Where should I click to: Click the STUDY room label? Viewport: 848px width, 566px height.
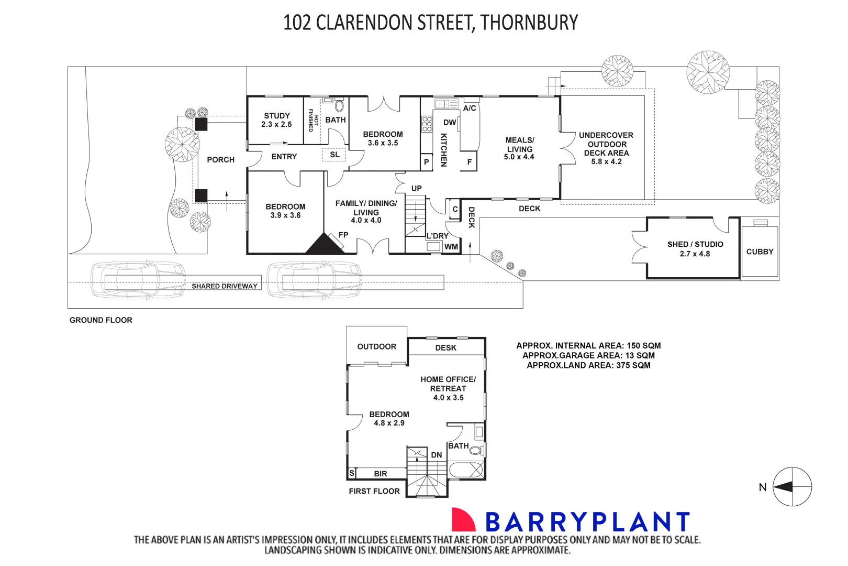coord(277,116)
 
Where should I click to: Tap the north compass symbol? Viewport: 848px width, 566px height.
coord(792,487)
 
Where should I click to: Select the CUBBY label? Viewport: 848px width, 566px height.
coord(760,252)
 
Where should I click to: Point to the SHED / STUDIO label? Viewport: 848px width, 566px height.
coord(695,244)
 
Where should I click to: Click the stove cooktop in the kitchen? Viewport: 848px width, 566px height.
coord(427,124)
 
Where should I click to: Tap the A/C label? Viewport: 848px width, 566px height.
coord(470,108)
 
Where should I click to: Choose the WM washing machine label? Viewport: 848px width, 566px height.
coord(451,247)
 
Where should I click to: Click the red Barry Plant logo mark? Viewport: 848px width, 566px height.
coord(463,520)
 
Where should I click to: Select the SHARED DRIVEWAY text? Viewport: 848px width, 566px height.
coord(224,286)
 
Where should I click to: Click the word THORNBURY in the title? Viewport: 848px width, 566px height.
coord(529,23)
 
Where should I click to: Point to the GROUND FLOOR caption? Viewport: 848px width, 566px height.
coord(101,320)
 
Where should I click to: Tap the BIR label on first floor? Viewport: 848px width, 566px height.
coord(381,474)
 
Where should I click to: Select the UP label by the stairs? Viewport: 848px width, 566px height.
coord(417,188)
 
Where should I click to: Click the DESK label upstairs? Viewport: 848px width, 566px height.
coord(446,347)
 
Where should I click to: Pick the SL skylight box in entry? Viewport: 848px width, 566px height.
coord(334,155)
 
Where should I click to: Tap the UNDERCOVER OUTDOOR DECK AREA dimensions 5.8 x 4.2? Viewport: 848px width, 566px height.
coord(607,161)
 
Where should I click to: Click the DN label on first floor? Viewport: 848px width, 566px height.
coord(437,455)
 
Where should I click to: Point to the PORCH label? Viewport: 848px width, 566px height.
coord(221,160)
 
